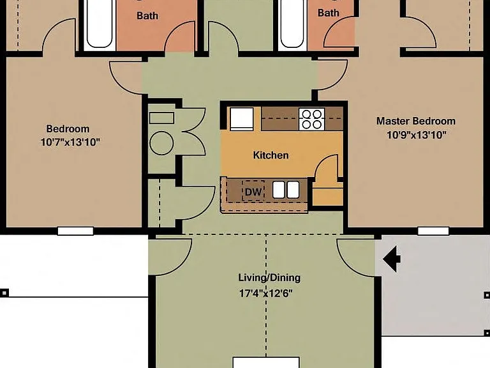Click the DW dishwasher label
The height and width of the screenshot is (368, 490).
pyautogui.click(x=253, y=192)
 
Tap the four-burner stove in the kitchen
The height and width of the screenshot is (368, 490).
pyautogui.click(x=311, y=119)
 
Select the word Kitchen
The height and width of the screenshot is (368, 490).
pyautogui.click(x=271, y=155)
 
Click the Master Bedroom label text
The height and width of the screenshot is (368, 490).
pyautogui.click(x=415, y=121)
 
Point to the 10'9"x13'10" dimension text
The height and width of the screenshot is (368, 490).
pyautogui.click(x=416, y=135)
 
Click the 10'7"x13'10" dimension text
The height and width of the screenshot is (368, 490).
pyautogui.click(x=70, y=142)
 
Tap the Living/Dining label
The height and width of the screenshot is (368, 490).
pyautogui.click(x=269, y=278)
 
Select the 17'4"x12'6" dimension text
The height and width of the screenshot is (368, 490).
pyautogui.click(x=266, y=293)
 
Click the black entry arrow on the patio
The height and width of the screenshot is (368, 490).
pyautogui.click(x=392, y=259)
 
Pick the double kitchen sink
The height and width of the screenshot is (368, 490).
pyautogui.click(x=286, y=190)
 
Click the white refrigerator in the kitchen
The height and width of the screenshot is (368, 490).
pyautogui.click(x=242, y=119)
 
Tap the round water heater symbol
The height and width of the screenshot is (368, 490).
pyautogui.click(x=161, y=143)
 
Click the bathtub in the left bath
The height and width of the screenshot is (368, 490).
pyautogui.click(x=100, y=25)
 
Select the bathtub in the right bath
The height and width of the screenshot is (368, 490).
pyautogui.click(x=292, y=25)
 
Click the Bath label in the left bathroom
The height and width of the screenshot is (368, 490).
pyautogui.click(x=147, y=16)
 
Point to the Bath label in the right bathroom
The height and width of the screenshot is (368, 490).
pyautogui.click(x=329, y=13)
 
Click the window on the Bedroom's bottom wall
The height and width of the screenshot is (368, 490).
pyautogui.click(x=76, y=231)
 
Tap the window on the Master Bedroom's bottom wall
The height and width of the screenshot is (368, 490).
pyautogui.click(x=433, y=231)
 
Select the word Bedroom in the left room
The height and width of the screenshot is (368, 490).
pyautogui.click(x=68, y=128)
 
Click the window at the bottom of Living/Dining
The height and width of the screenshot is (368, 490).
pyautogui.click(x=266, y=363)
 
